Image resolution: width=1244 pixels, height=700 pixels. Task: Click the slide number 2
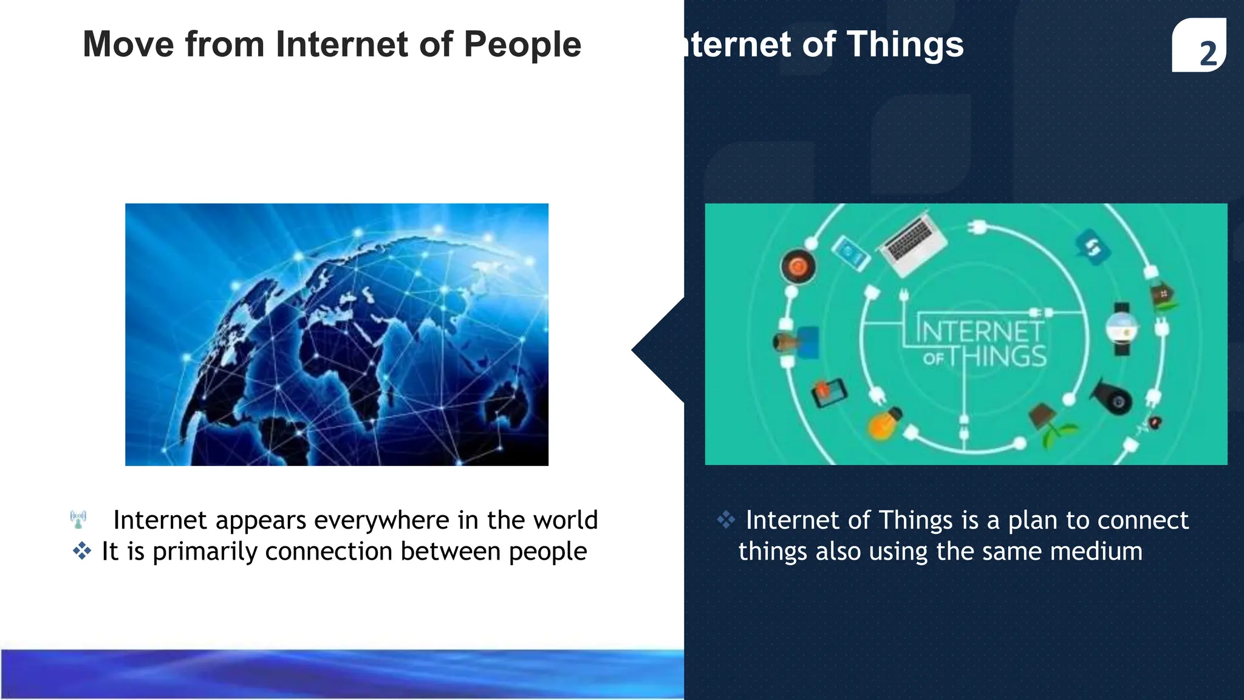tap(1208, 53)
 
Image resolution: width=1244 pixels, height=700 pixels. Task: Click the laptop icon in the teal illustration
tap(913, 240)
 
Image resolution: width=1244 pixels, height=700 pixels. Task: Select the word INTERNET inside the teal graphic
tap(980, 331)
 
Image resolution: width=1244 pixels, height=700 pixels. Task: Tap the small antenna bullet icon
tap(78, 520)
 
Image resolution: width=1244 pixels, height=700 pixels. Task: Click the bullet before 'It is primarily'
tap(82, 551)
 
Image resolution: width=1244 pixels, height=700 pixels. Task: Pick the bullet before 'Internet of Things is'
tap(726, 520)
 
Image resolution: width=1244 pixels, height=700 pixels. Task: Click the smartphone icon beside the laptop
tap(850, 253)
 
